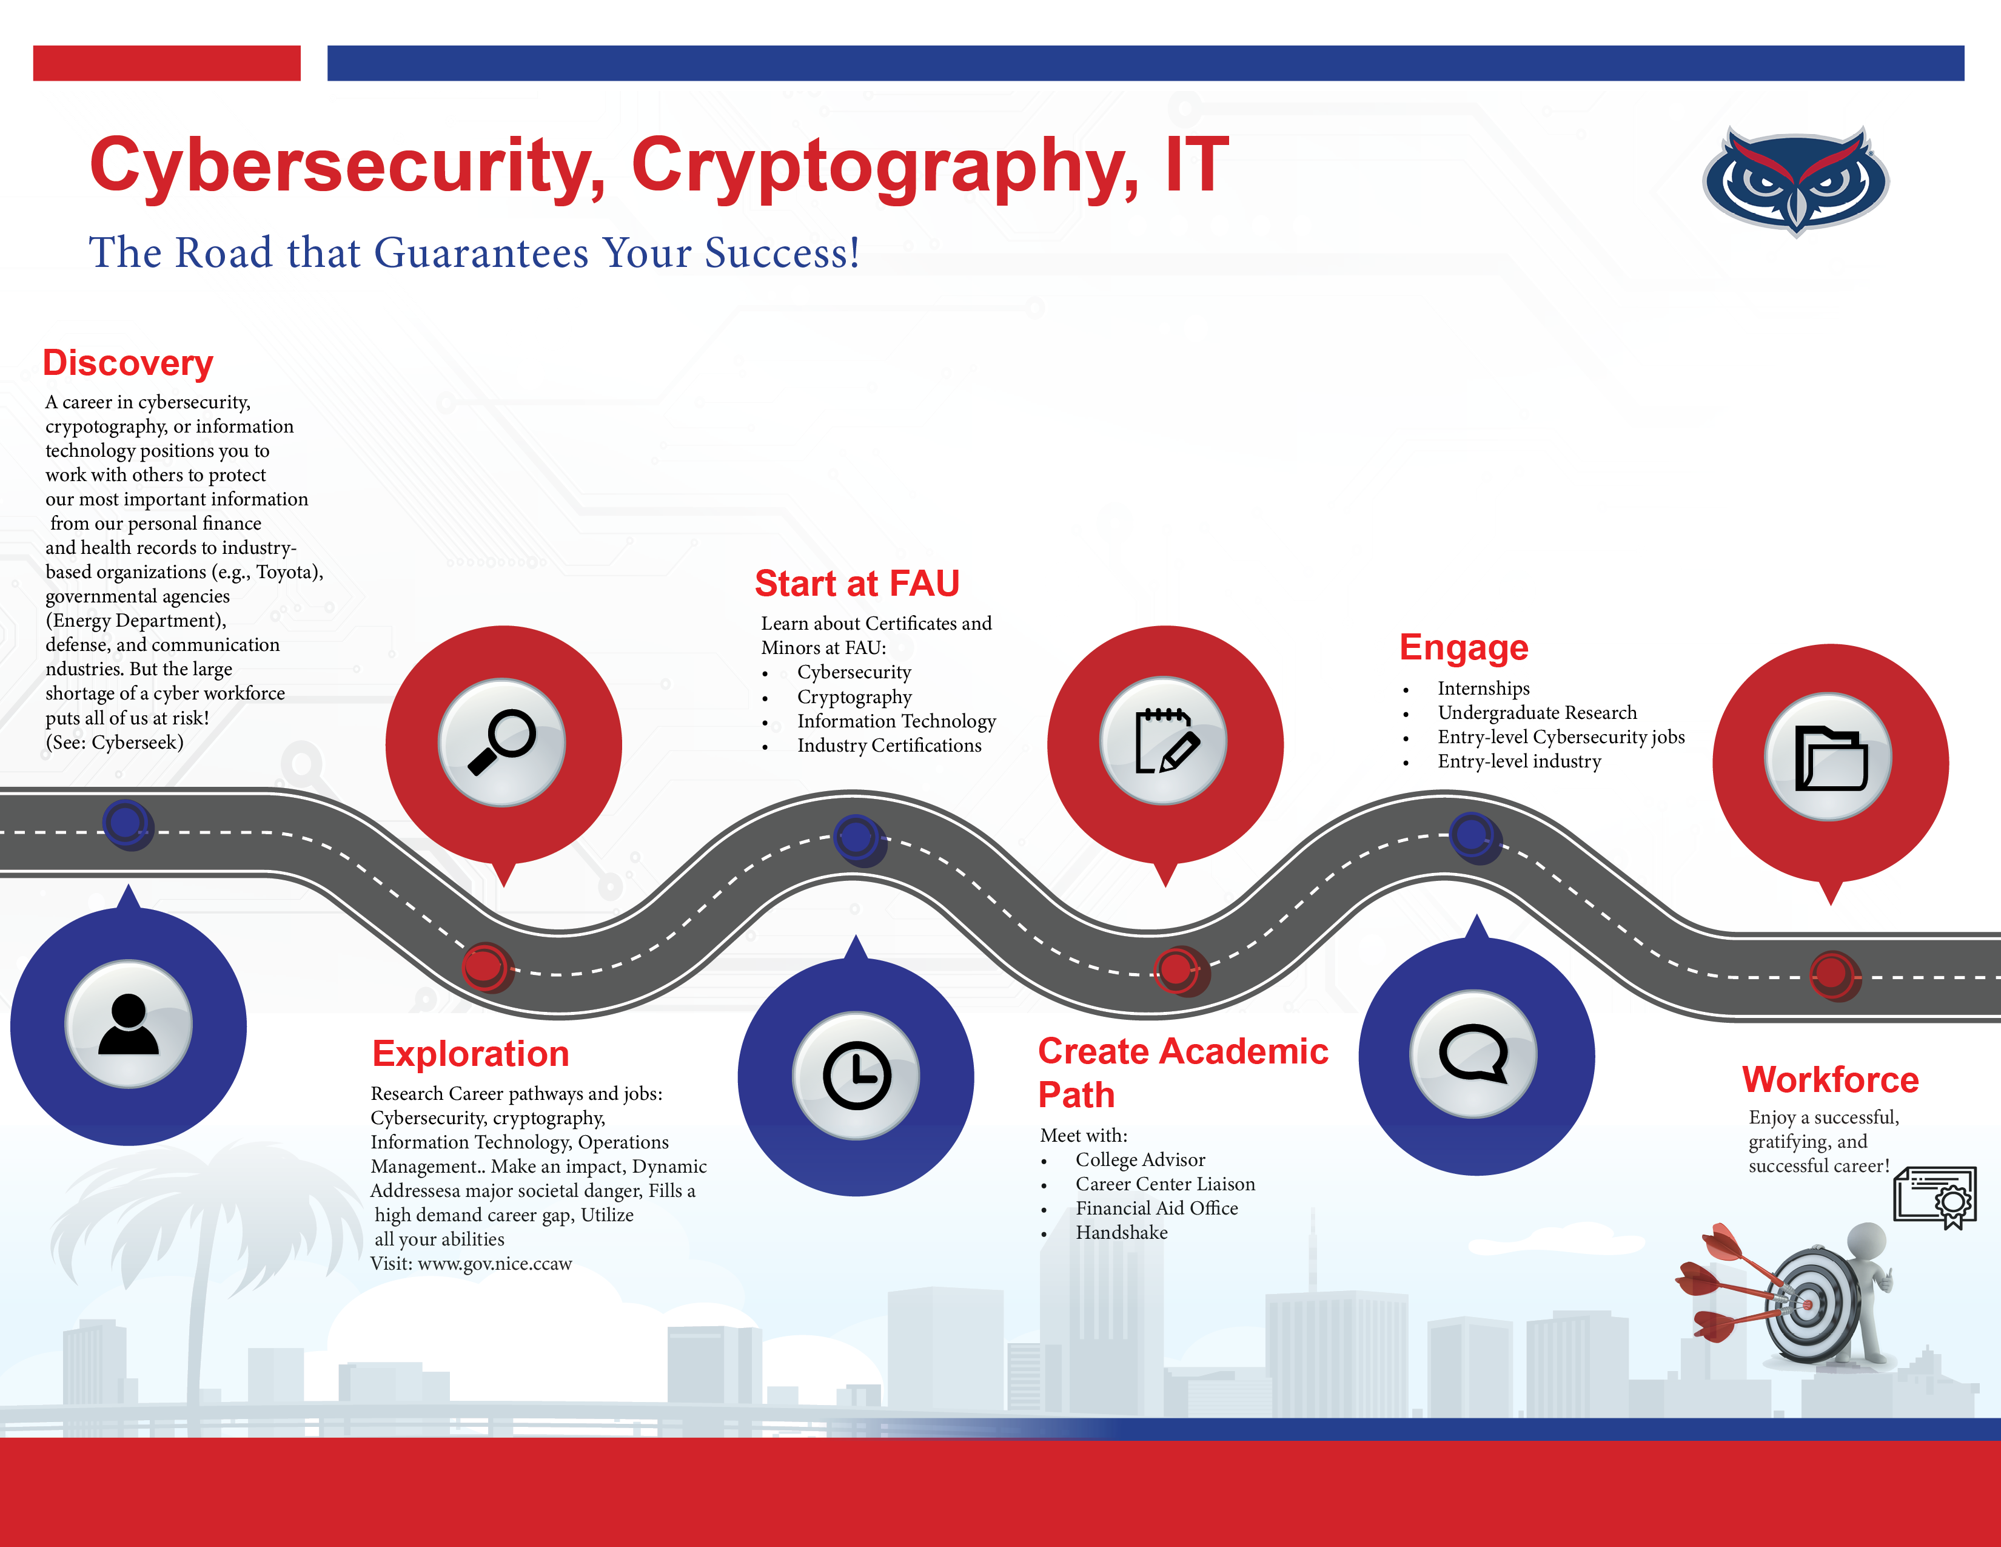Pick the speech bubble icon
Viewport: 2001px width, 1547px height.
click(1474, 1053)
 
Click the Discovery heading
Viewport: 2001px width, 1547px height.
click(129, 363)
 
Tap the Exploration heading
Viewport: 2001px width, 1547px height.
click(471, 1054)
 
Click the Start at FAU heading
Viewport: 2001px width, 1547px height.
click(857, 583)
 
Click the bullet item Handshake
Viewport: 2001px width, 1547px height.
click(1121, 1233)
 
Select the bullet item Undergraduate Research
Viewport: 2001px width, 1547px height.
click(1537, 713)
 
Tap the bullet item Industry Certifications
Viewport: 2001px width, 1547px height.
click(889, 746)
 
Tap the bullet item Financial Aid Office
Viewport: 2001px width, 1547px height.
click(1156, 1209)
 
